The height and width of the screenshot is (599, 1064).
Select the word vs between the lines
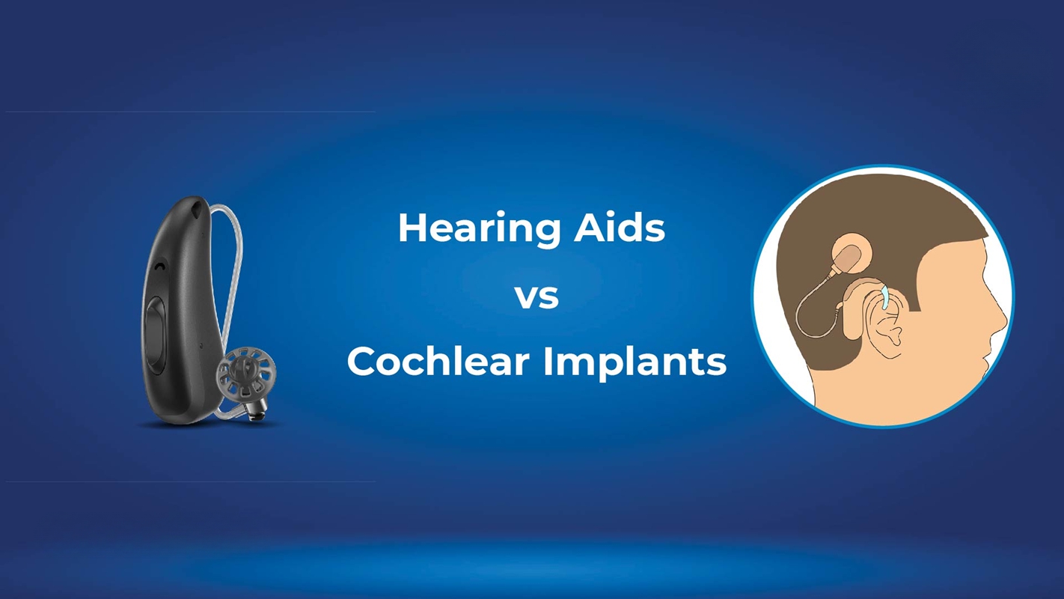537,297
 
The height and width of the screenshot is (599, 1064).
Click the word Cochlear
438,362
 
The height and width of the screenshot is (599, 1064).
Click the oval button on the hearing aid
155,331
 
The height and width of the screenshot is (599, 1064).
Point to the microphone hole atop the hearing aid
196,207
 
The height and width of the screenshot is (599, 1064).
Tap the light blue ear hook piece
885,297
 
